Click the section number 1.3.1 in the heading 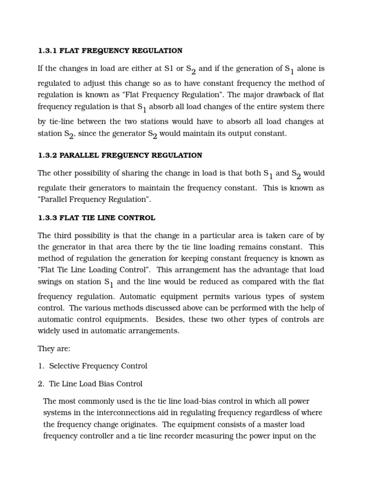pos(47,51)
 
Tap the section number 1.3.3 pos(47,218)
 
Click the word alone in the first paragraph pos(308,69)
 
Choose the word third pos(65,235)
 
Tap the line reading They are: pos(54,349)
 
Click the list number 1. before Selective pos(41,366)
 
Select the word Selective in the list pos(65,366)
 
